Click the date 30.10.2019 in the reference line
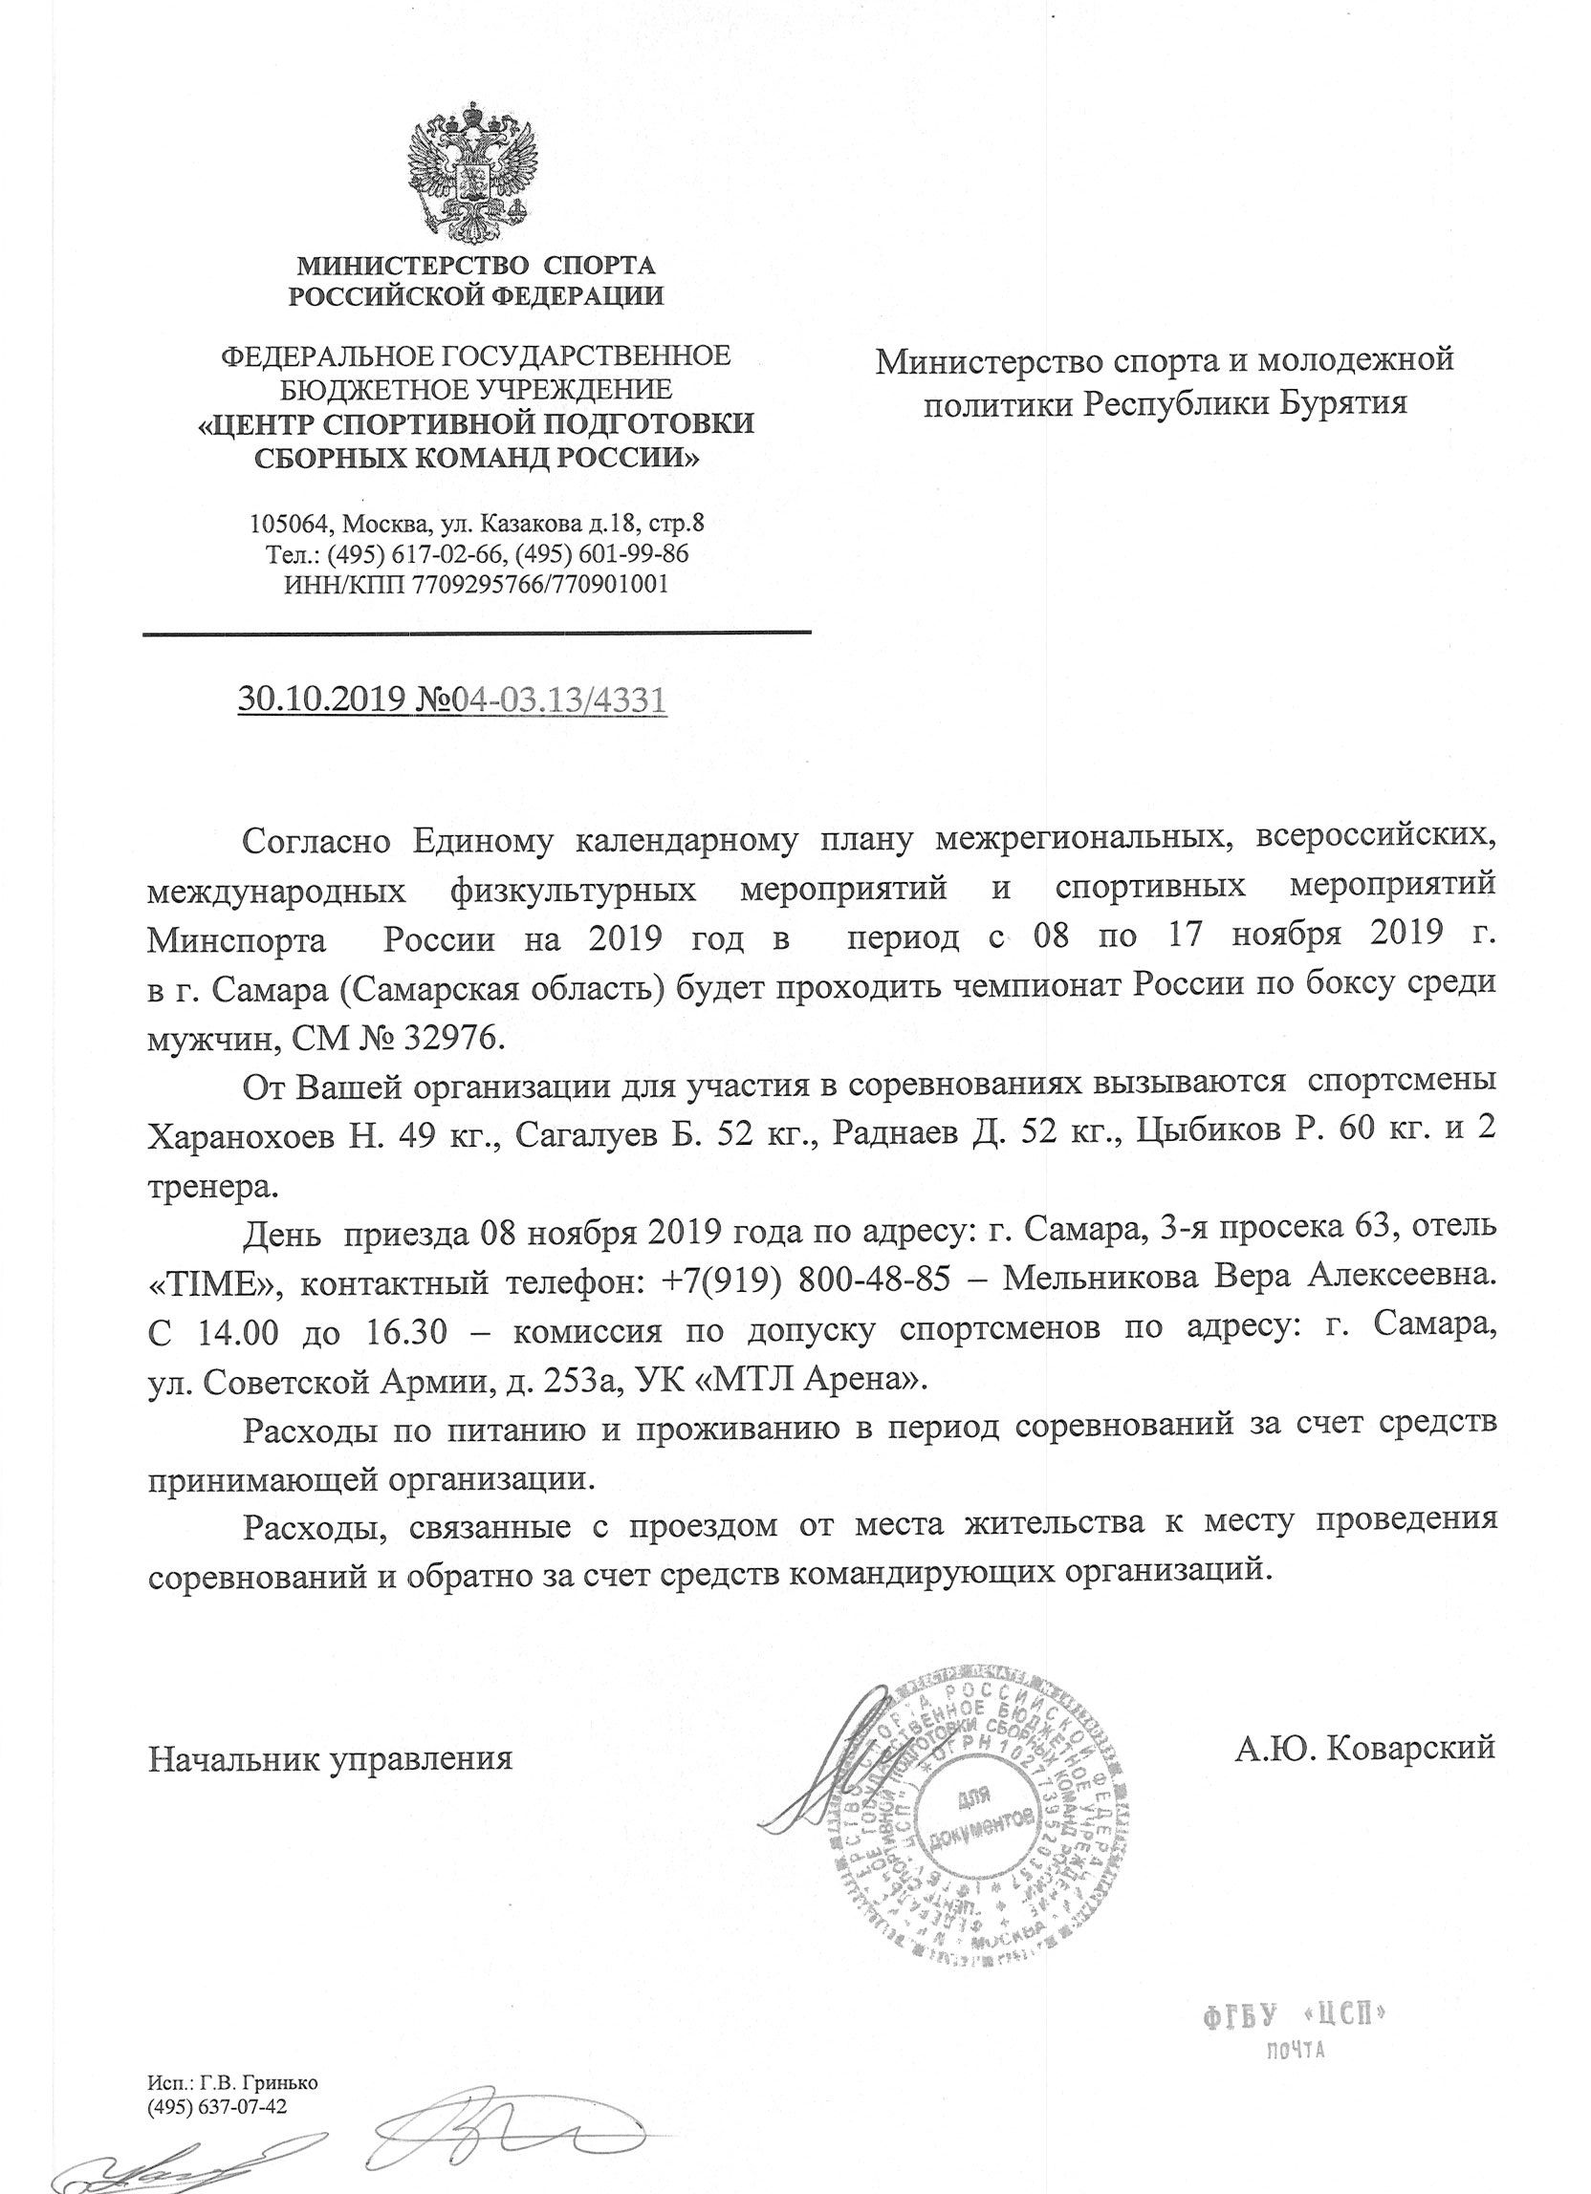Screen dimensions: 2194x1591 (315, 699)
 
